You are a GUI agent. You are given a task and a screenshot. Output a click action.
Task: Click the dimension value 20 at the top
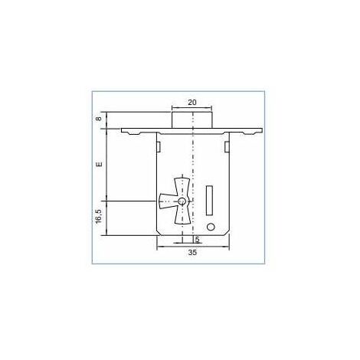point(192,103)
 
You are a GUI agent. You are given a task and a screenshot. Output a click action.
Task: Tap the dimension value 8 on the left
point(99,119)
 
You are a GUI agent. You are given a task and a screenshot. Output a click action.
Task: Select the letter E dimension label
point(99,164)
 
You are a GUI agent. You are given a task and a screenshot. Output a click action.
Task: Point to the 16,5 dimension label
point(98,217)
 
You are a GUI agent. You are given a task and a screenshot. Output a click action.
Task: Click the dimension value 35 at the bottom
point(192,253)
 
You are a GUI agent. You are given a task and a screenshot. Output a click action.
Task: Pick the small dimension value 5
point(197,240)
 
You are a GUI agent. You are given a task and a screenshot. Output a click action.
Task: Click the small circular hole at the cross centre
point(182,201)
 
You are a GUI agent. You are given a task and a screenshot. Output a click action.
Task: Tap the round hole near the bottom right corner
point(211,227)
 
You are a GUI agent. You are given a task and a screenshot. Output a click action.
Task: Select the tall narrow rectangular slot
point(209,201)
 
